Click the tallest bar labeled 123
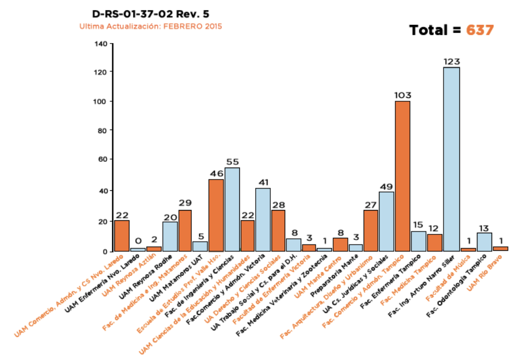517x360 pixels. pyautogui.click(x=451, y=159)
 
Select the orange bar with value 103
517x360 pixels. pyautogui.click(x=402, y=176)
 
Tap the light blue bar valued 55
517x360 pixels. pyautogui.click(x=232, y=209)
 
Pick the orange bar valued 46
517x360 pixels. pyautogui.click(x=216, y=215)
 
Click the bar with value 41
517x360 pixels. pyautogui.click(x=262, y=220)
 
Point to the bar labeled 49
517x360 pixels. pyautogui.click(x=386, y=221)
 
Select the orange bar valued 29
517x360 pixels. pyautogui.click(x=185, y=230)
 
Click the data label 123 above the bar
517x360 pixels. pyautogui.click(x=451, y=61)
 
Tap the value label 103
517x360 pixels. pyautogui.click(x=403, y=95)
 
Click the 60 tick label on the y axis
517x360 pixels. pyautogui.click(x=102, y=160)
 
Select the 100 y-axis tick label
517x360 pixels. pyautogui.click(x=100, y=101)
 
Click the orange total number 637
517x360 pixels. pyautogui.click(x=480, y=30)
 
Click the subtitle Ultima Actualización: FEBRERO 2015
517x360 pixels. pyautogui.click(x=150, y=27)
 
